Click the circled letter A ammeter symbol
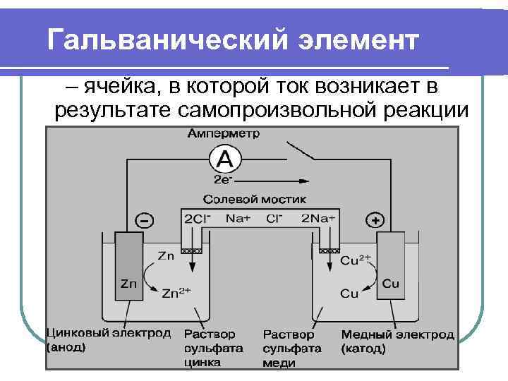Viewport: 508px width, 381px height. (224, 159)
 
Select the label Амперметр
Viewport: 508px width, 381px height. (223, 133)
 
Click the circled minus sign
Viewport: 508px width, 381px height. (144, 221)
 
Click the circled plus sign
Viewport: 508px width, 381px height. (375, 221)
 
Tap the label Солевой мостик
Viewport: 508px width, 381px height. (254, 199)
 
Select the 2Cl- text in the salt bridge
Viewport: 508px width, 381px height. (198, 219)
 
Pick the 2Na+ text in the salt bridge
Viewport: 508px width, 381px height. (317, 219)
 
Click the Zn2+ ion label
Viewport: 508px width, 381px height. (176, 292)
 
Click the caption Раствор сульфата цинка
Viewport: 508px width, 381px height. (213, 348)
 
